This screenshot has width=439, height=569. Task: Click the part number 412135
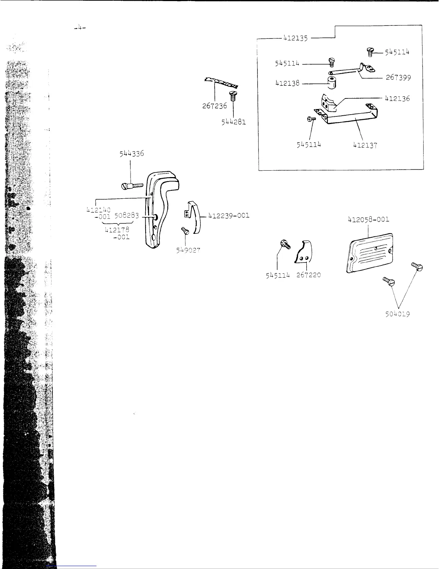click(x=296, y=38)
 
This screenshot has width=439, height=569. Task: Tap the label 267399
click(x=398, y=78)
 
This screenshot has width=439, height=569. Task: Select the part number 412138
click(x=287, y=83)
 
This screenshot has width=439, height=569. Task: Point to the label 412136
click(x=397, y=98)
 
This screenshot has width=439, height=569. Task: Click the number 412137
click(x=365, y=145)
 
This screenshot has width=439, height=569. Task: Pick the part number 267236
click(x=214, y=107)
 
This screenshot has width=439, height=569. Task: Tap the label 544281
click(x=233, y=122)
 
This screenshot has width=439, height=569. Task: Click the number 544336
click(x=132, y=153)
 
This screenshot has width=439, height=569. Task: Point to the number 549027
click(x=188, y=250)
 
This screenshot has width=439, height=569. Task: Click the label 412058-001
click(x=368, y=219)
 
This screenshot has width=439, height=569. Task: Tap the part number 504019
click(x=397, y=314)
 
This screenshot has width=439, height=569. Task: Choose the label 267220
click(x=308, y=275)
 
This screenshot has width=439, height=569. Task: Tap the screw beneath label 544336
click(x=132, y=186)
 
